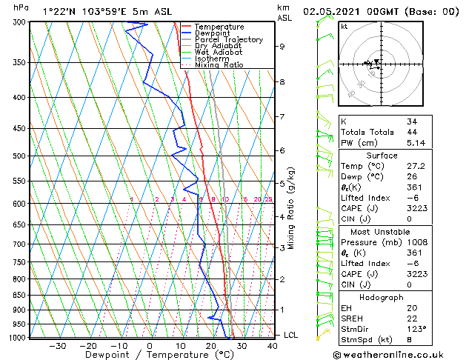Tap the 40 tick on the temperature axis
pyautogui.click(x=271, y=345)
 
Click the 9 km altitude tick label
pyautogui.click(x=282, y=47)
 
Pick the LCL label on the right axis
pyautogui.click(x=290, y=336)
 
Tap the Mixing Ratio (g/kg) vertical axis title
pyautogui.click(x=292, y=208)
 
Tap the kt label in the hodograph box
pyautogui.click(x=344, y=26)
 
